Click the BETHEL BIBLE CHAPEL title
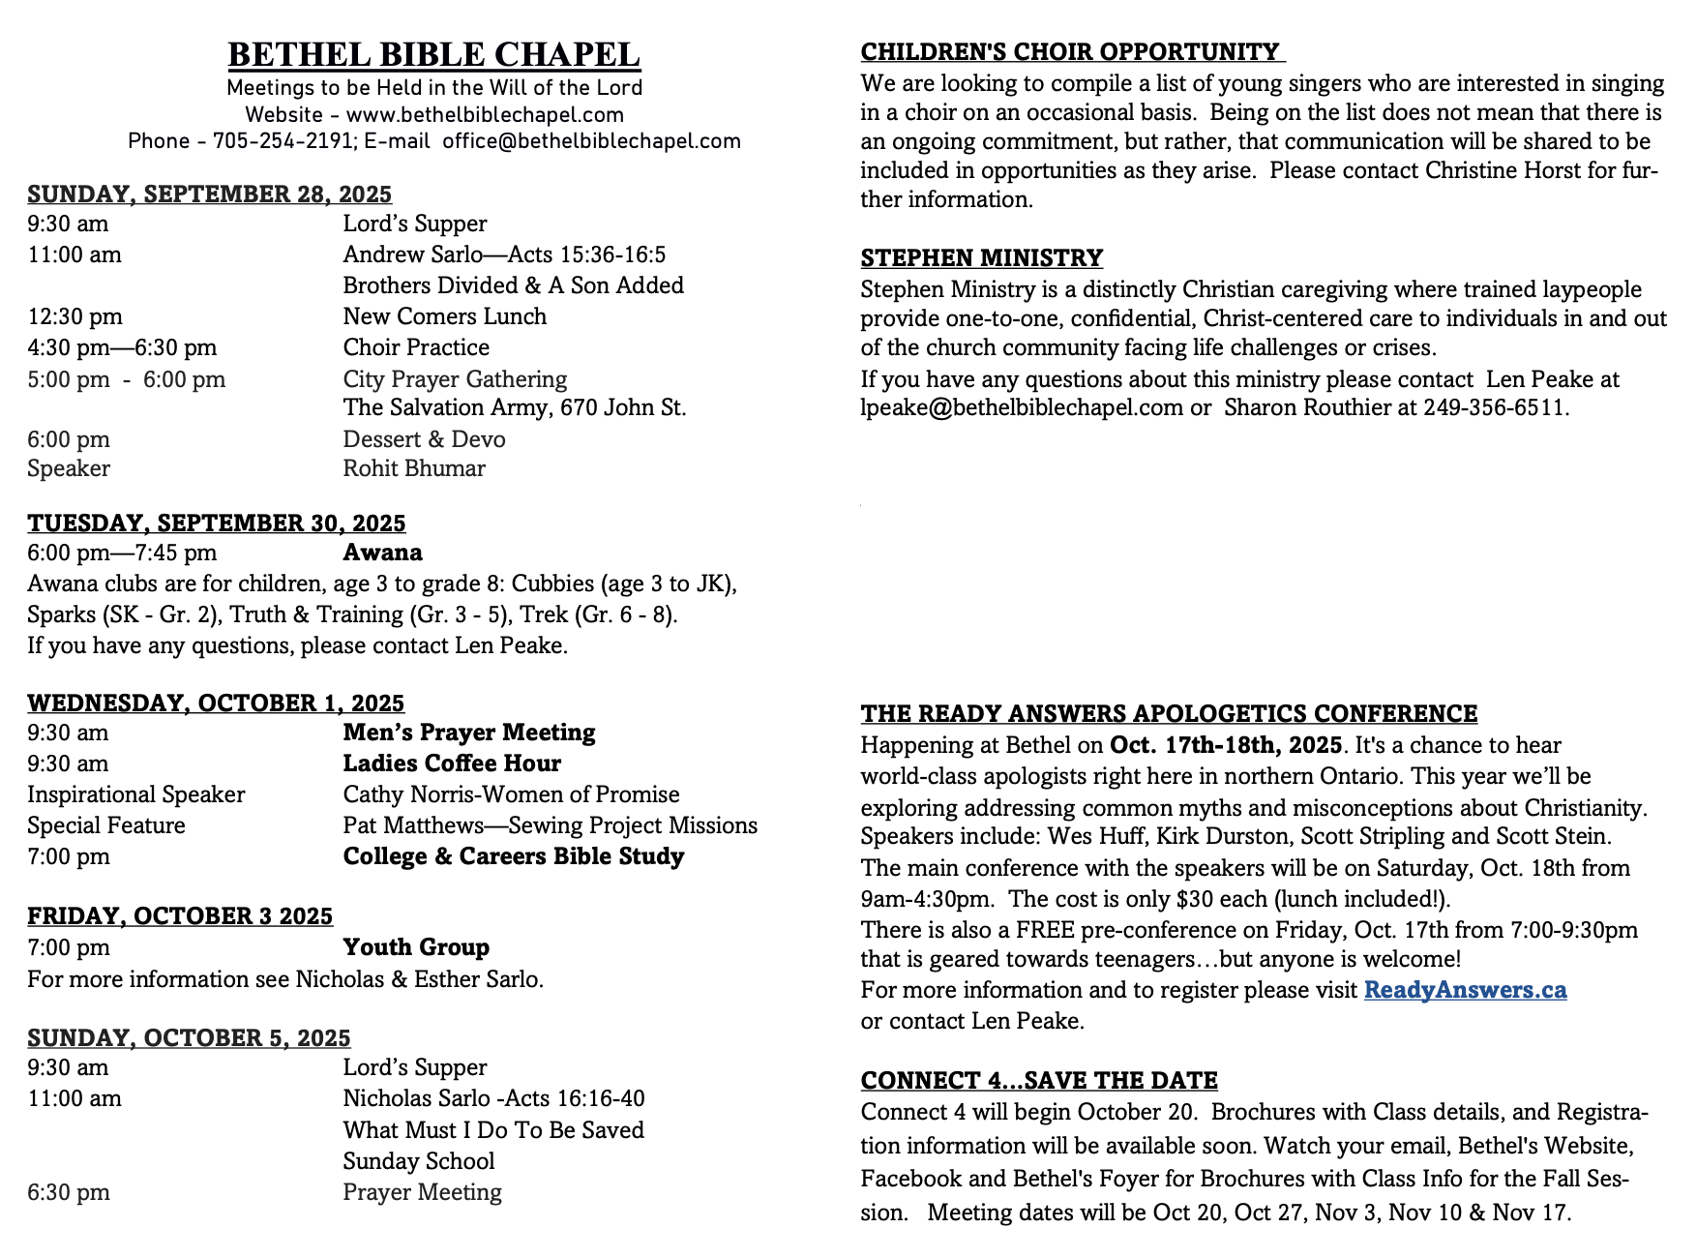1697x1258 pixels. click(x=433, y=54)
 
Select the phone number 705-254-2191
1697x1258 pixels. click(x=283, y=141)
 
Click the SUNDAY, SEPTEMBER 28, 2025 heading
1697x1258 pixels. click(x=209, y=194)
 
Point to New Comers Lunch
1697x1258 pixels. click(x=444, y=316)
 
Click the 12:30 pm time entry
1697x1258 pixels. click(x=74, y=316)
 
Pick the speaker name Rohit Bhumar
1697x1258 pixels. click(x=414, y=468)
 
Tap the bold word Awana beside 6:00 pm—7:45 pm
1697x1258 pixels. click(x=382, y=553)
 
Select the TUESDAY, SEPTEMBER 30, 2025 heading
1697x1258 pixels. click(x=216, y=524)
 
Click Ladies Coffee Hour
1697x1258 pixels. click(x=452, y=764)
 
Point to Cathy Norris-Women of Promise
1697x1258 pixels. click(x=511, y=794)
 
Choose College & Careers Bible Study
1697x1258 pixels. click(x=513, y=856)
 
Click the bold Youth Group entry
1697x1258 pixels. click(x=416, y=947)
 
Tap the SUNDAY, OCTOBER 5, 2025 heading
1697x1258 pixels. click(x=189, y=1038)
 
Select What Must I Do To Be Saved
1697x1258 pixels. click(x=493, y=1130)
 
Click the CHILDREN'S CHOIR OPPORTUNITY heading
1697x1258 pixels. click(x=1071, y=52)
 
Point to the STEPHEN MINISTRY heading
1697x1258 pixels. click(x=981, y=258)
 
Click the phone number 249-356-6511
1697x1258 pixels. click(x=1494, y=407)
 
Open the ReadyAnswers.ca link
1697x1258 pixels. click(x=1465, y=990)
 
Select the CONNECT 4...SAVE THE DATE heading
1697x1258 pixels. click(x=1039, y=1081)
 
